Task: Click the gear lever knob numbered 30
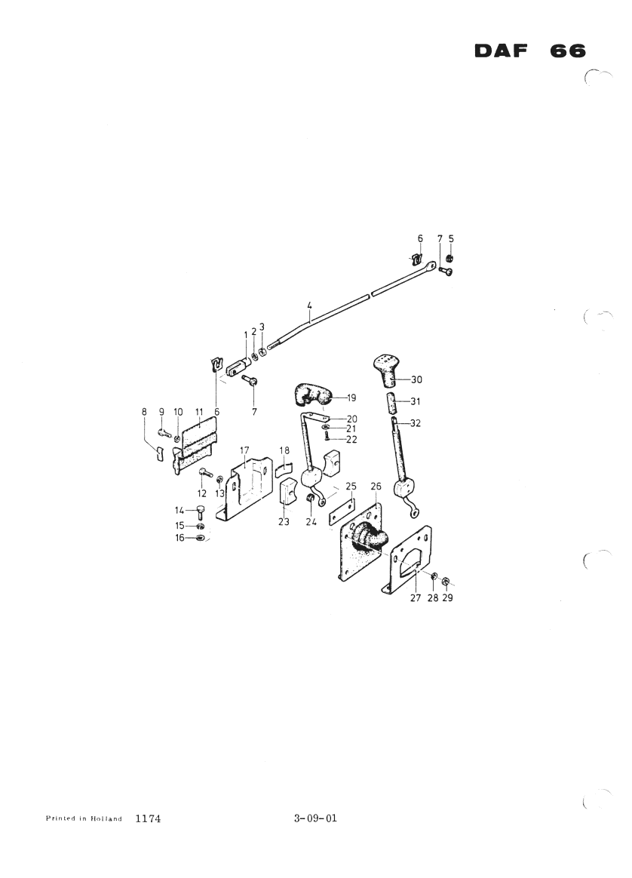click(x=389, y=370)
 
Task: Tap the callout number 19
click(x=351, y=398)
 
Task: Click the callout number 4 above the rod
click(x=309, y=305)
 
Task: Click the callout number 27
click(x=416, y=598)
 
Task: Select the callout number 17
click(x=244, y=450)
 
